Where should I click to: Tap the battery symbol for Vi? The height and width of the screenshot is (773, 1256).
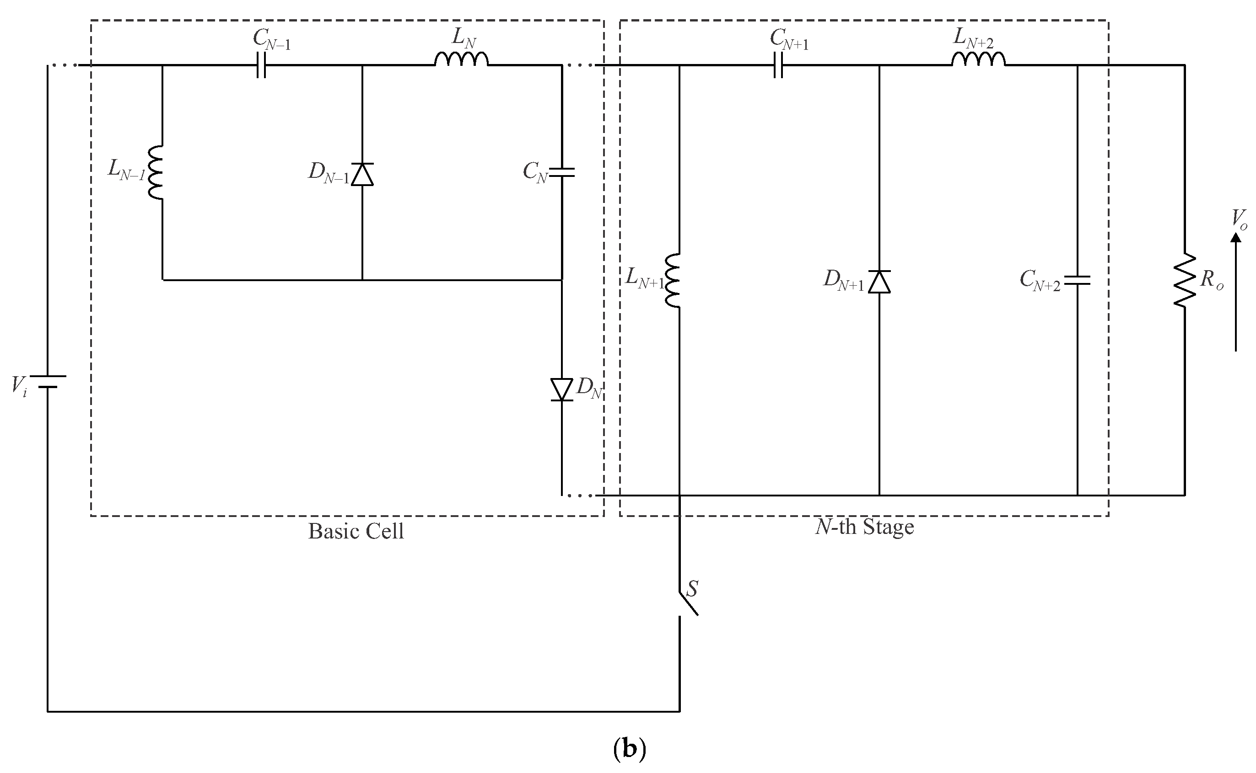48,381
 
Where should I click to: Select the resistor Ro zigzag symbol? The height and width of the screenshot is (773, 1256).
1184,280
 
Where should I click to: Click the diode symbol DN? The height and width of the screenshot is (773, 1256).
562,389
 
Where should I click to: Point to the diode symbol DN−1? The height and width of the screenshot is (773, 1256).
362,174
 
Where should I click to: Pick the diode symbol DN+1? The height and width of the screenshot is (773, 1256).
879,282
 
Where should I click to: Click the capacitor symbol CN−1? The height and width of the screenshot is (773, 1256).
261,65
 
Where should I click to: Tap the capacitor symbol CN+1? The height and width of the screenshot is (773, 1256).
778,65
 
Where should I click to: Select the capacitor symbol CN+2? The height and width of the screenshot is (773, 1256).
1078,280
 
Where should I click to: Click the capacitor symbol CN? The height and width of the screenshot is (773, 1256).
562,172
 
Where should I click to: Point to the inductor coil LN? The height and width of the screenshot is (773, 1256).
462,60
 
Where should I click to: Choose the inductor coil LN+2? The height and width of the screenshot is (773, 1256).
978,60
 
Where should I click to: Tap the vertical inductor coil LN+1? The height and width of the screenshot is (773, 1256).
673,280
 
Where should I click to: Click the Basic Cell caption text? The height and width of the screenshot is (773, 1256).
356,532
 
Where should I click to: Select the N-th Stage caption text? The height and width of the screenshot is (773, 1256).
864,527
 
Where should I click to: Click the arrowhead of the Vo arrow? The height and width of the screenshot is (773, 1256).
1235,238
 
